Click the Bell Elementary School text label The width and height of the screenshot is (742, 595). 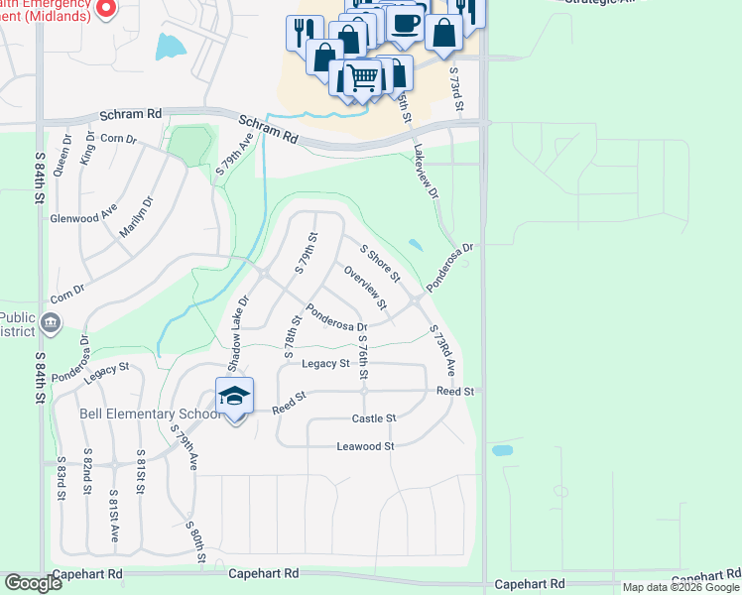point(150,413)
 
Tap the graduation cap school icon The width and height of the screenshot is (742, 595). point(234,396)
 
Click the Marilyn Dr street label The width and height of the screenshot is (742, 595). point(139,218)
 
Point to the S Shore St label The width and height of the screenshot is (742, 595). point(379,262)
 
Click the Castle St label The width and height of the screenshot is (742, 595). point(374,418)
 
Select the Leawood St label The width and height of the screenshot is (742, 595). point(366,446)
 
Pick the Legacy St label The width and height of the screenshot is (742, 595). point(325,364)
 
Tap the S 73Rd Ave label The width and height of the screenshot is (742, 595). point(442,349)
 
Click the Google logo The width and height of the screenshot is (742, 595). point(33,583)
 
